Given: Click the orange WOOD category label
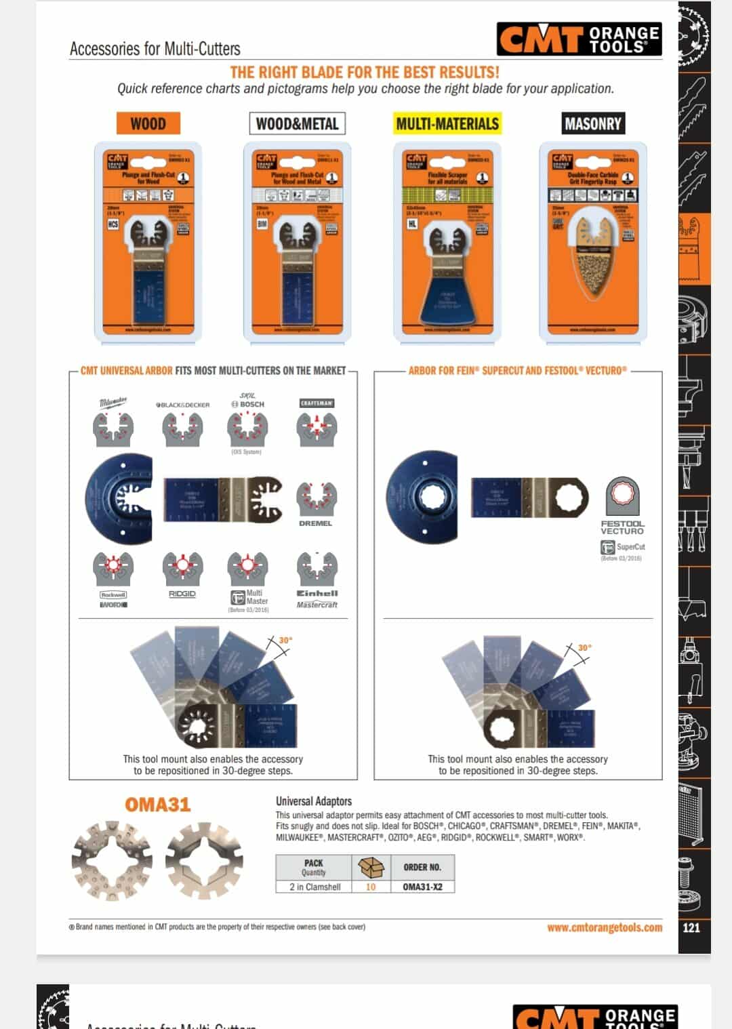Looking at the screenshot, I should coord(148,123).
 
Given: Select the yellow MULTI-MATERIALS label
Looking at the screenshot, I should coord(447,123).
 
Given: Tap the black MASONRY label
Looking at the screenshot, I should coord(592,123).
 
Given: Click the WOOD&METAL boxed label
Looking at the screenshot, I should coord(297,123).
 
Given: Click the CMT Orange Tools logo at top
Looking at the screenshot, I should coord(579,39).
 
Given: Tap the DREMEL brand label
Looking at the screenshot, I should coord(315,523).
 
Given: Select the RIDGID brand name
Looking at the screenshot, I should coord(182,594).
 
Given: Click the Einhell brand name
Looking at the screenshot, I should coord(317,593).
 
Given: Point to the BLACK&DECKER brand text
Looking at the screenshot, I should coord(183,405).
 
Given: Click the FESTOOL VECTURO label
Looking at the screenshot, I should coord(622,527).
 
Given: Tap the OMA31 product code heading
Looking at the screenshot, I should coord(157,805).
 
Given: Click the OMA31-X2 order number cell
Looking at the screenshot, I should coord(422,887).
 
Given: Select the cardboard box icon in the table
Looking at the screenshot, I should coord(371,867).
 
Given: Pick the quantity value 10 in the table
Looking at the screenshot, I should coord(371,887).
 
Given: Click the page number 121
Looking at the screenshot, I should coord(691,927).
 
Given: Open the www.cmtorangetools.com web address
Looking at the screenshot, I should coord(605,927).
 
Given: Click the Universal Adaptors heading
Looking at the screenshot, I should coord(314,801).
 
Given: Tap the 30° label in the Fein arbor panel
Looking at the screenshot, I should coord(584,647).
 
